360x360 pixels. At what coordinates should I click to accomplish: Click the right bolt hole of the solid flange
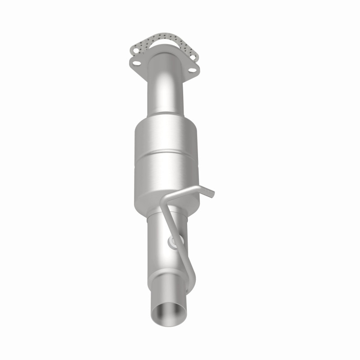(x=192, y=70)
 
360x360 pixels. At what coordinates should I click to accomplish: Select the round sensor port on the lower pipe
(x=173, y=242)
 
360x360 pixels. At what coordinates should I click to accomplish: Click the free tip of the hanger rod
(x=212, y=193)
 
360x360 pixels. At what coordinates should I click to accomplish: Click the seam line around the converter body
(x=167, y=153)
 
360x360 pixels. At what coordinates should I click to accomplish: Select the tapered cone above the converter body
(x=165, y=115)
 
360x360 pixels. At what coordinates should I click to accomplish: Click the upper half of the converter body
(x=167, y=137)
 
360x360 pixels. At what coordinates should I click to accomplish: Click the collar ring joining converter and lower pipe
(x=157, y=216)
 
